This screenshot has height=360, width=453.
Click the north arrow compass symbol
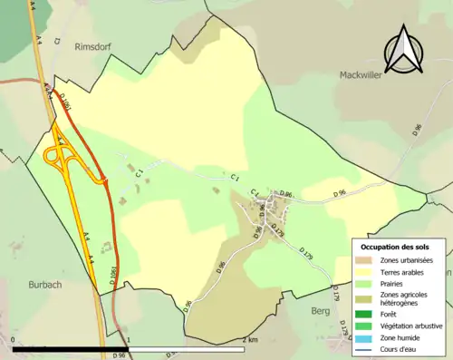pyautogui.click(x=405, y=51)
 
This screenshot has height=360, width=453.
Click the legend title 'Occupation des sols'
pyautogui.click(x=395, y=248)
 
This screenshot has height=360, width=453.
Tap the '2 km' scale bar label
pyautogui.click(x=250, y=340)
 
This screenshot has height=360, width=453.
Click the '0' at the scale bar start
pyautogui.click(x=14, y=340)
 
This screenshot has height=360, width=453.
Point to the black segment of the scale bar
pyautogui.click(x=71, y=349)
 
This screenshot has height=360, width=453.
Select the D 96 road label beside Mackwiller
pyautogui.click(x=416, y=129)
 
